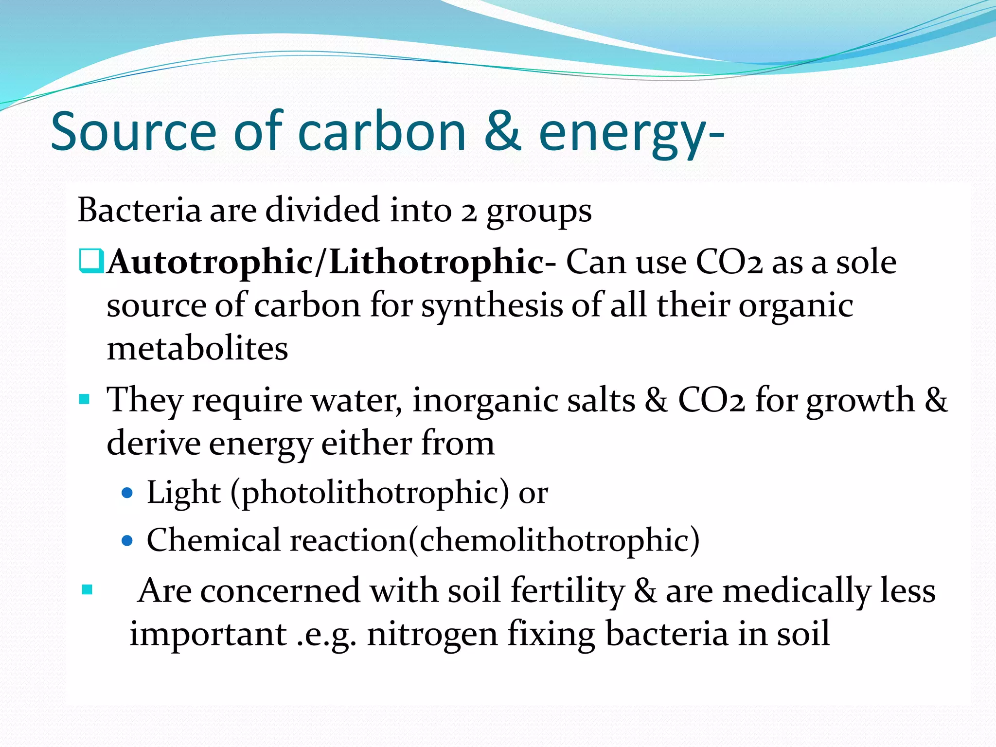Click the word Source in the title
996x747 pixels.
point(133,131)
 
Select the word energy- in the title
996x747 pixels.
point(631,134)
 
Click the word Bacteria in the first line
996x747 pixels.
point(139,210)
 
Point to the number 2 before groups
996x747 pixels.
point(468,213)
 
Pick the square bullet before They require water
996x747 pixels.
point(84,400)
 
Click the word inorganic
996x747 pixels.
point(523,401)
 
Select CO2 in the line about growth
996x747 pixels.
point(711,400)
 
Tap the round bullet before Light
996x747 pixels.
point(127,493)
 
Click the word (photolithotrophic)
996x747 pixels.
point(370,493)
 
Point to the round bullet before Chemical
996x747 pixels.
point(127,540)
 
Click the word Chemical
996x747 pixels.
point(214,540)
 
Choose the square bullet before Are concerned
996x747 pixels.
point(88,590)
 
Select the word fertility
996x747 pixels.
point(568,591)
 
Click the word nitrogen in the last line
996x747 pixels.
point(432,635)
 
